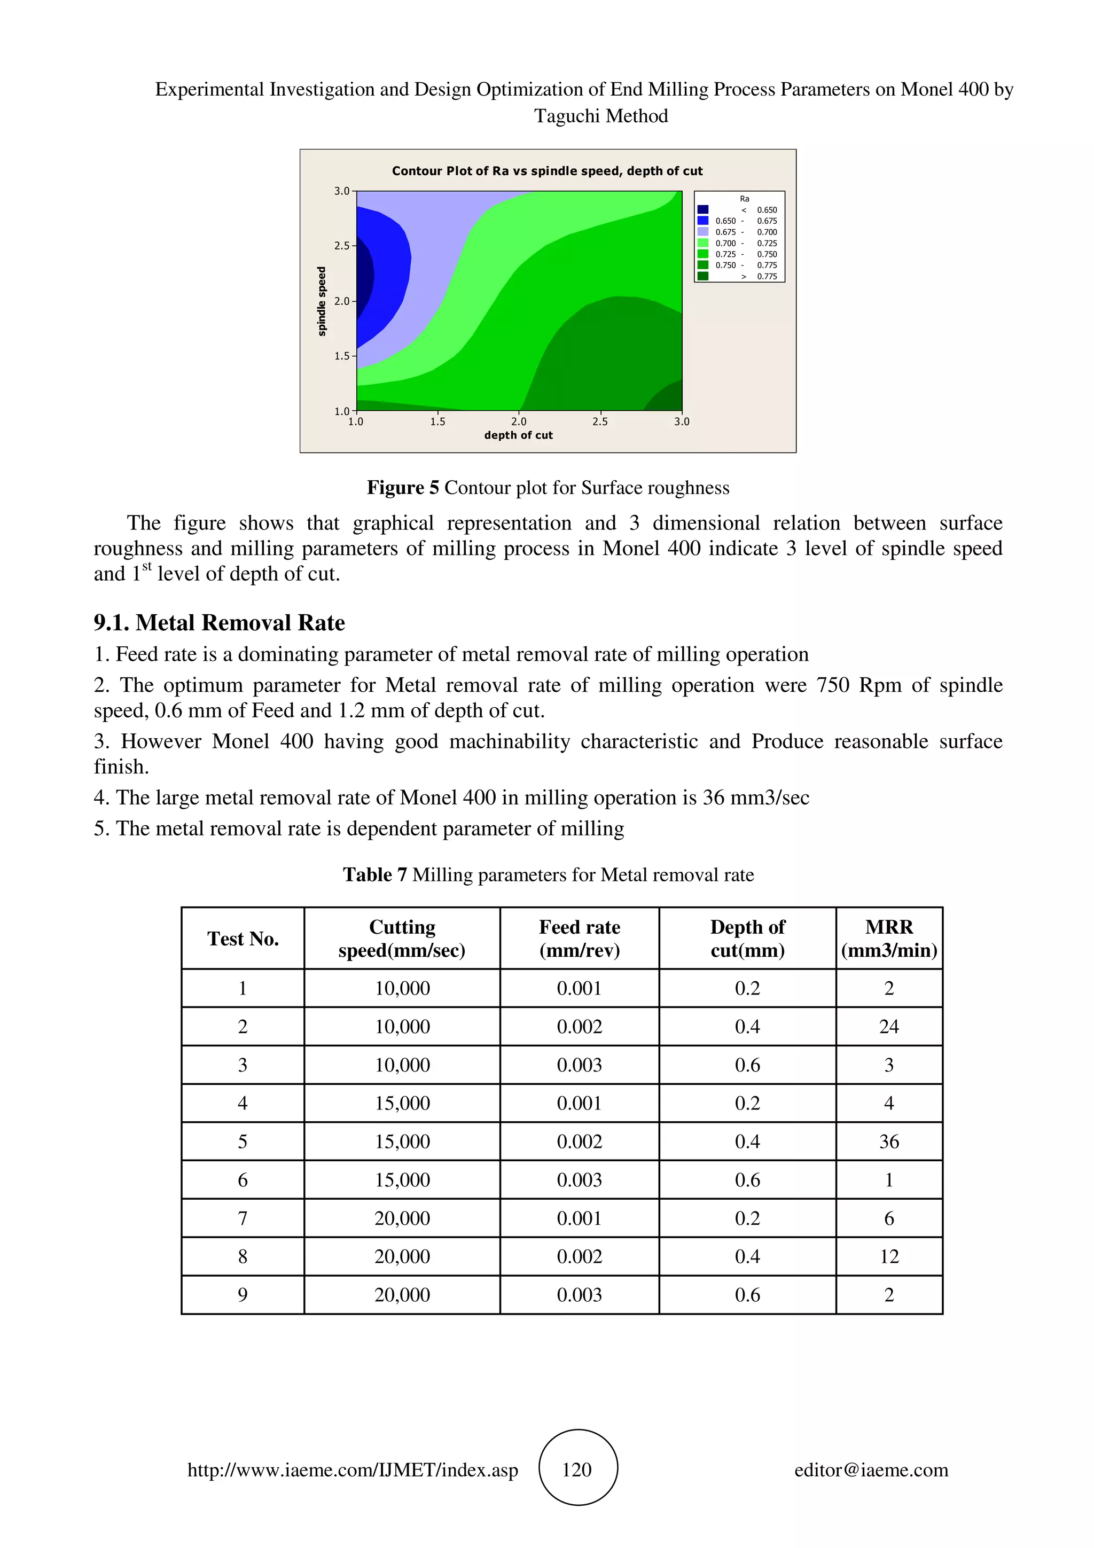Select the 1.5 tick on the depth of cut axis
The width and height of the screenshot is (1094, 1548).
[437, 422]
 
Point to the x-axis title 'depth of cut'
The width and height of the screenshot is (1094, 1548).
[518, 435]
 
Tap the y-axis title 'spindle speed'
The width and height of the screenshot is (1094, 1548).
[322, 301]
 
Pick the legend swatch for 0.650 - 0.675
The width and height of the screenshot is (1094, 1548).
[702, 221]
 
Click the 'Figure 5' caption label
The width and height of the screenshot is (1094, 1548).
[402, 488]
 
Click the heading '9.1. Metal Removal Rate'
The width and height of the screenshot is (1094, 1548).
[219, 622]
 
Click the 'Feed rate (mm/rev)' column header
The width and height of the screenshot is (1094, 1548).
[579, 939]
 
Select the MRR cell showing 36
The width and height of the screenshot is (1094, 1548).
[888, 1142]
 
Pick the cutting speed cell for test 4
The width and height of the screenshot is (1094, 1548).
[402, 1103]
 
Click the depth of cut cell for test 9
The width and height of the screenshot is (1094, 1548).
[747, 1294]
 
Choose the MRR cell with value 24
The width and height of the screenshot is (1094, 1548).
[888, 1027]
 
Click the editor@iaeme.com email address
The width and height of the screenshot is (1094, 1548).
[871, 1470]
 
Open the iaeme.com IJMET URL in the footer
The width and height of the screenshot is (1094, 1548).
[353, 1470]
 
